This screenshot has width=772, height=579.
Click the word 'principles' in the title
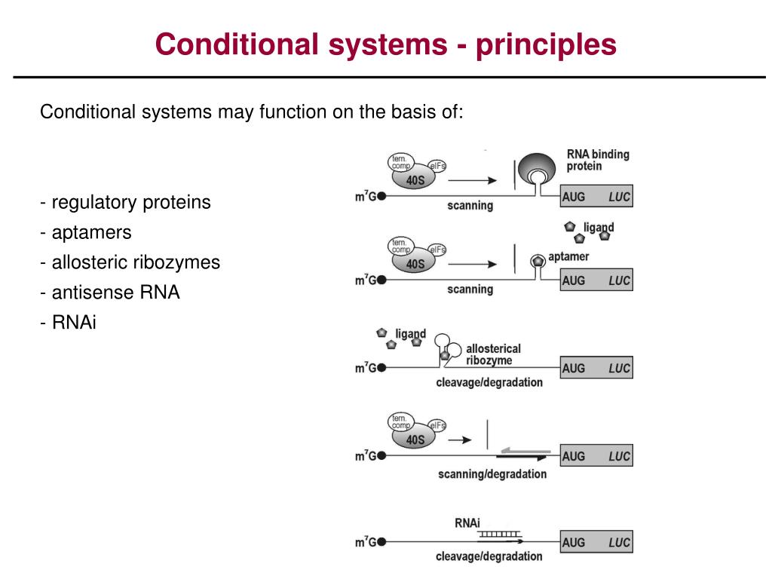[546, 45]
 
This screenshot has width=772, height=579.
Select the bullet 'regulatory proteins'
[126, 202]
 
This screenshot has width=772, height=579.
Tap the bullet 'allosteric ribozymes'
[130, 262]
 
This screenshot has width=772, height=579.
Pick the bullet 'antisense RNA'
[110, 293]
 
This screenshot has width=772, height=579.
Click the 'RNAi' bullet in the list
[69, 323]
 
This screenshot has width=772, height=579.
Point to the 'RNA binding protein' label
[598, 160]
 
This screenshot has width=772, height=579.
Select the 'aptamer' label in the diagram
[568, 256]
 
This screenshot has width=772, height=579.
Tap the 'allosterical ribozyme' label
[493, 354]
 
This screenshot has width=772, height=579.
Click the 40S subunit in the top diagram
[414, 179]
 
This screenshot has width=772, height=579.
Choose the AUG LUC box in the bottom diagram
[596, 542]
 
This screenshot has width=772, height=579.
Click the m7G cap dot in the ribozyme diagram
[381, 368]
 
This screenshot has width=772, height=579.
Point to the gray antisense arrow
[525, 451]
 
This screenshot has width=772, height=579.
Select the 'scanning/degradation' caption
[492, 474]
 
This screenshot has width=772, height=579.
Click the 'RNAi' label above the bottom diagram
[467, 523]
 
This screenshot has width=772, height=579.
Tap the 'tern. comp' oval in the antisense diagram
[401, 422]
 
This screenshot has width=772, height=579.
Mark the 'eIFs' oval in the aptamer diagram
[437, 250]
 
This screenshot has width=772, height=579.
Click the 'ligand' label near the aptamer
[598, 228]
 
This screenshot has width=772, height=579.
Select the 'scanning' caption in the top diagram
[470, 206]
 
